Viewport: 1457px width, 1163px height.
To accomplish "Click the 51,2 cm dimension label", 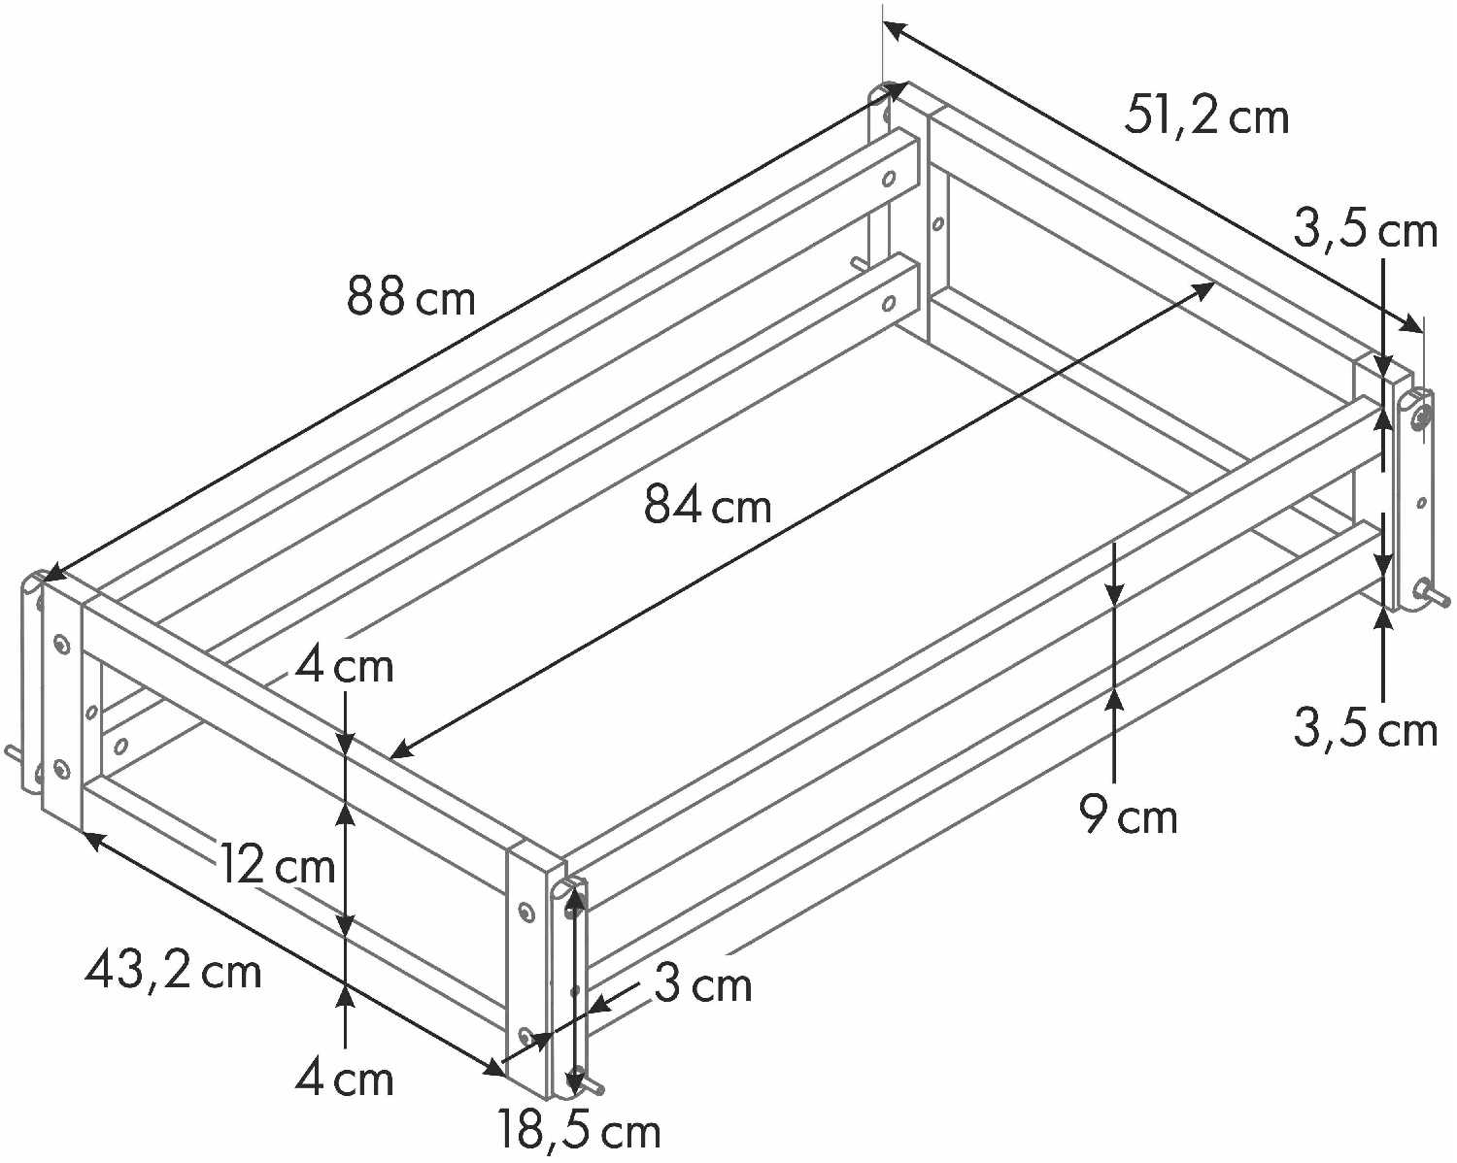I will [x=1206, y=116].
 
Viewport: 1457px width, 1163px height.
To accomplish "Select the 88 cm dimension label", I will [x=411, y=296].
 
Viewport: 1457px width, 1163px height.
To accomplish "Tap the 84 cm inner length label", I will [x=707, y=505].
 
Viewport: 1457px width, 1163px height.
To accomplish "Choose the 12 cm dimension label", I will [x=277, y=865].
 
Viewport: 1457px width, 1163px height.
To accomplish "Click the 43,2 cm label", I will [x=173, y=970].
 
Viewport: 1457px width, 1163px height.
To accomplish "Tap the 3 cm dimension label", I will [x=702, y=984].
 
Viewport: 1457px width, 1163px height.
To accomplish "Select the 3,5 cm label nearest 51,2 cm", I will [x=1365, y=231].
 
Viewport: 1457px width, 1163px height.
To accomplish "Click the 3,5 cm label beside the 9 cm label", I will [x=1365, y=728].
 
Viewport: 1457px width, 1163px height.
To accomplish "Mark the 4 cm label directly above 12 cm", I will [x=345, y=667].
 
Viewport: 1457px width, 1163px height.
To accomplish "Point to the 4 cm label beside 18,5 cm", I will [x=345, y=1079].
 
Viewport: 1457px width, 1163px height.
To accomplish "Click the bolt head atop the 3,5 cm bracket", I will [x=1420, y=418].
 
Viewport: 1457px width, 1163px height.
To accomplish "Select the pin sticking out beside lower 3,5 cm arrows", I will [x=1435, y=594].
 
